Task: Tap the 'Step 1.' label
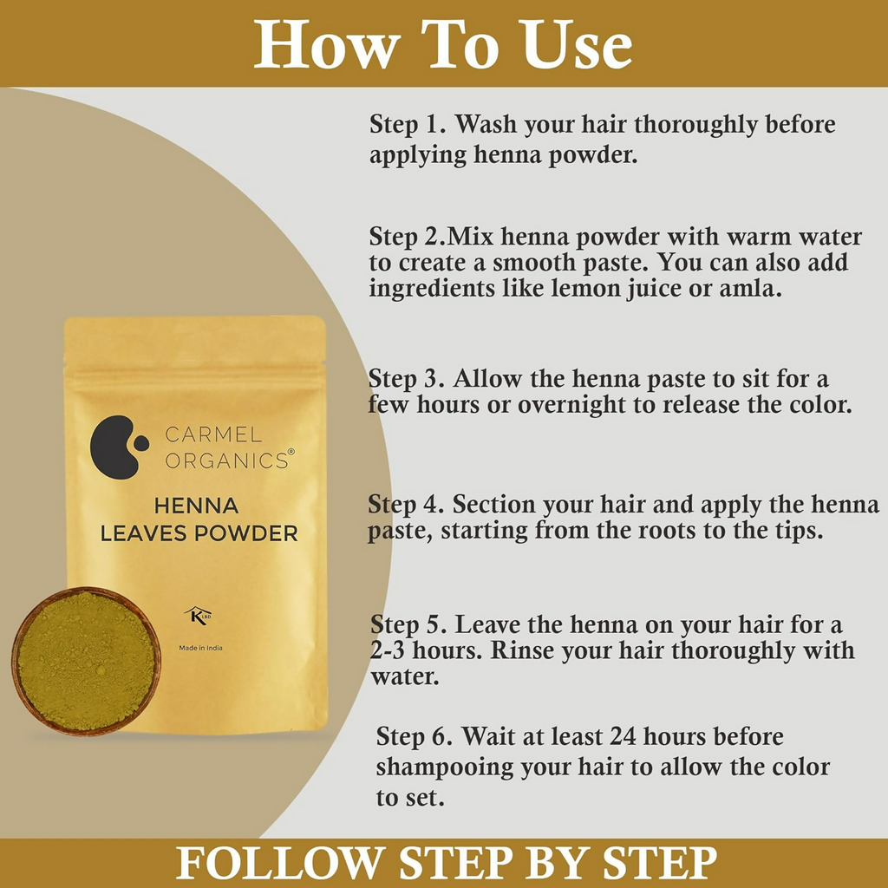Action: (408, 124)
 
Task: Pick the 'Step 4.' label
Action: (406, 505)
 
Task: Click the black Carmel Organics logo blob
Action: (114, 446)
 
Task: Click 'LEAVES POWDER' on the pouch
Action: (199, 533)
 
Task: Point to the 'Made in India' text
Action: (199, 647)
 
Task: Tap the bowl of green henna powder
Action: (86, 661)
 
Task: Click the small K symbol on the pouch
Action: (197, 615)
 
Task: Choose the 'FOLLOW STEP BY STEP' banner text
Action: (446, 864)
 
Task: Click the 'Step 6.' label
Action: (414, 737)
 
